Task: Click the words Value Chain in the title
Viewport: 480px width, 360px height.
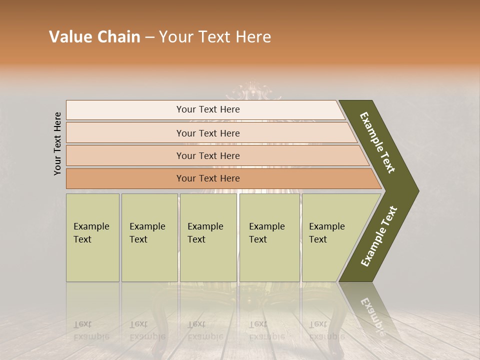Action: (x=94, y=37)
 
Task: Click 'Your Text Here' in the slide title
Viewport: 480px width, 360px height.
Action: (x=215, y=37)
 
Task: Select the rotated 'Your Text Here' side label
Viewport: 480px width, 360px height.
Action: (x=57, y=143)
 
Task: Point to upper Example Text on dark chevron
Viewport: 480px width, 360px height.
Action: (x=378, y=143)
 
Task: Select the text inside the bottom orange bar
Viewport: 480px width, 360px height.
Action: (x=208, y=178)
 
